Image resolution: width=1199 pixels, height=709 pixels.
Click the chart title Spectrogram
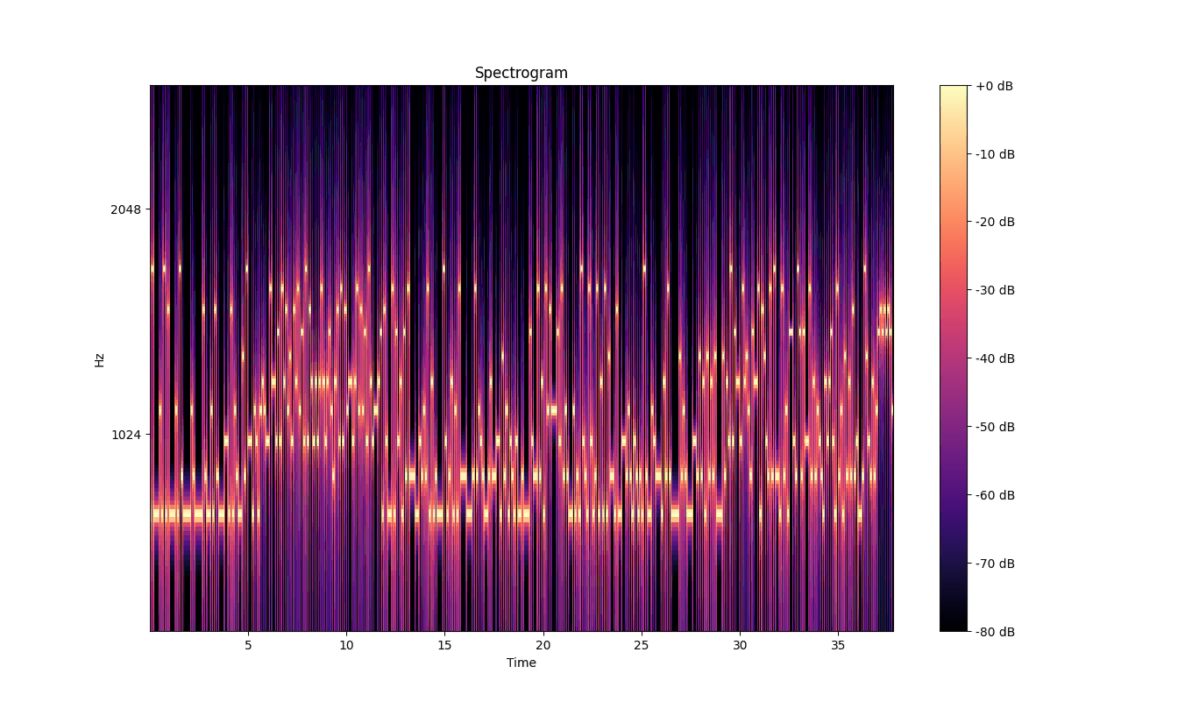coord(521,74)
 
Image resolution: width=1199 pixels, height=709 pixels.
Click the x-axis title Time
coord(521,663)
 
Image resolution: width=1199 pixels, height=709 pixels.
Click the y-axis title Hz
coord(100,359)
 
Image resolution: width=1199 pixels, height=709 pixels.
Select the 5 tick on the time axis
coord(248,645)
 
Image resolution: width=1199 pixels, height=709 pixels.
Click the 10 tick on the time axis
coord(346,645)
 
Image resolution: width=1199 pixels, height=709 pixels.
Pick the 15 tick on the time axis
coord(444,645)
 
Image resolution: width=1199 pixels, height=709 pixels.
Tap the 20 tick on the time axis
coord(543,645)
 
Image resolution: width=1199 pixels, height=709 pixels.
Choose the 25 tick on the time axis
coord(642,645)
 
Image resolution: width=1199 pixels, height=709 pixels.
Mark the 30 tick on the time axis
coord(740,645)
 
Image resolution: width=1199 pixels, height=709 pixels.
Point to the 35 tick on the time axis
coord(838,645)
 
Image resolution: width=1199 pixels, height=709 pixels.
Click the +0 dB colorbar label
coord(995,86)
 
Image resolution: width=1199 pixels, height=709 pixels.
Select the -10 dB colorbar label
coord(995,154)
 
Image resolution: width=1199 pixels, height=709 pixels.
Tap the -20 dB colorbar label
coord(995,222)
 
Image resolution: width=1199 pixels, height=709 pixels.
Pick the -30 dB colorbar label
coord(995,290)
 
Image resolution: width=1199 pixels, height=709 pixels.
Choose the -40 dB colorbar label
coord(995,358)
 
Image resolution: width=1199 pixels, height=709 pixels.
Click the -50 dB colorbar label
coord(995,427)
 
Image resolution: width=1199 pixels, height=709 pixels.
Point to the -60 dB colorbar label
coord(995,495)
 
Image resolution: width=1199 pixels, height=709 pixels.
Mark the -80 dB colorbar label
coord(995,631)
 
